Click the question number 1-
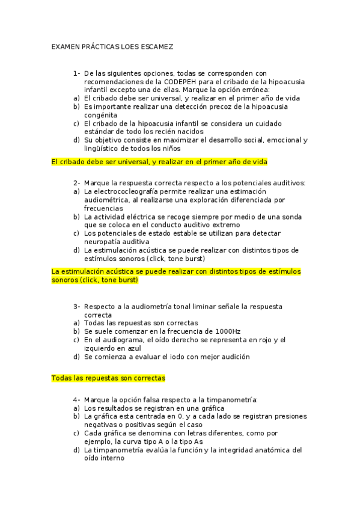pyautogui.click(x=77, y=73)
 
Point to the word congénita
pyautogui.click(x=101, y=115)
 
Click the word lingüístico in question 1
pyautogui.click(x=103, y=148)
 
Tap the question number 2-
pyautogui.click(x=77, y=183)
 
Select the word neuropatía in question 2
pyautogui.click(x=106, y=241)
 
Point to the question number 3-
pyautogui.click(x=77, y=306)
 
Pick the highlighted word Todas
pyautogui.click(x=63, y=378)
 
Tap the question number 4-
pyautogui.click(x=77, y=399)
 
